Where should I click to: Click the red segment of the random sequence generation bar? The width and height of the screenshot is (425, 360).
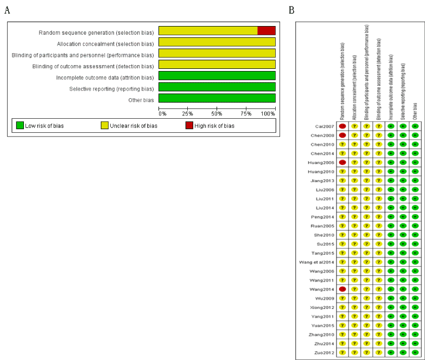coord(266,30)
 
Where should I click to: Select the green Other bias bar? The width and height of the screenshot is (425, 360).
coord(217,98)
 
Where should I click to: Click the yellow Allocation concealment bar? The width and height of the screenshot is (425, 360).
coord(217,42)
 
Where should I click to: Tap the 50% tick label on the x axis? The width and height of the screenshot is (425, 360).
coord(217,113)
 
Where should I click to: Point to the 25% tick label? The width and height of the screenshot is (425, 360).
coord(187,113)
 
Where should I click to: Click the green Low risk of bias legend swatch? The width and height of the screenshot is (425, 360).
coord(20,126)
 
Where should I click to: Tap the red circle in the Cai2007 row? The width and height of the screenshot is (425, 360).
coord(342,126)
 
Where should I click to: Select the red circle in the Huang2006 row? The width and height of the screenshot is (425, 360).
coord(342,162)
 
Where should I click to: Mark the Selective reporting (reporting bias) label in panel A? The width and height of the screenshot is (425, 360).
coord(111,89)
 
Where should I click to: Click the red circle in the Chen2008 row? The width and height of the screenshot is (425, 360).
coord(342,135)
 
